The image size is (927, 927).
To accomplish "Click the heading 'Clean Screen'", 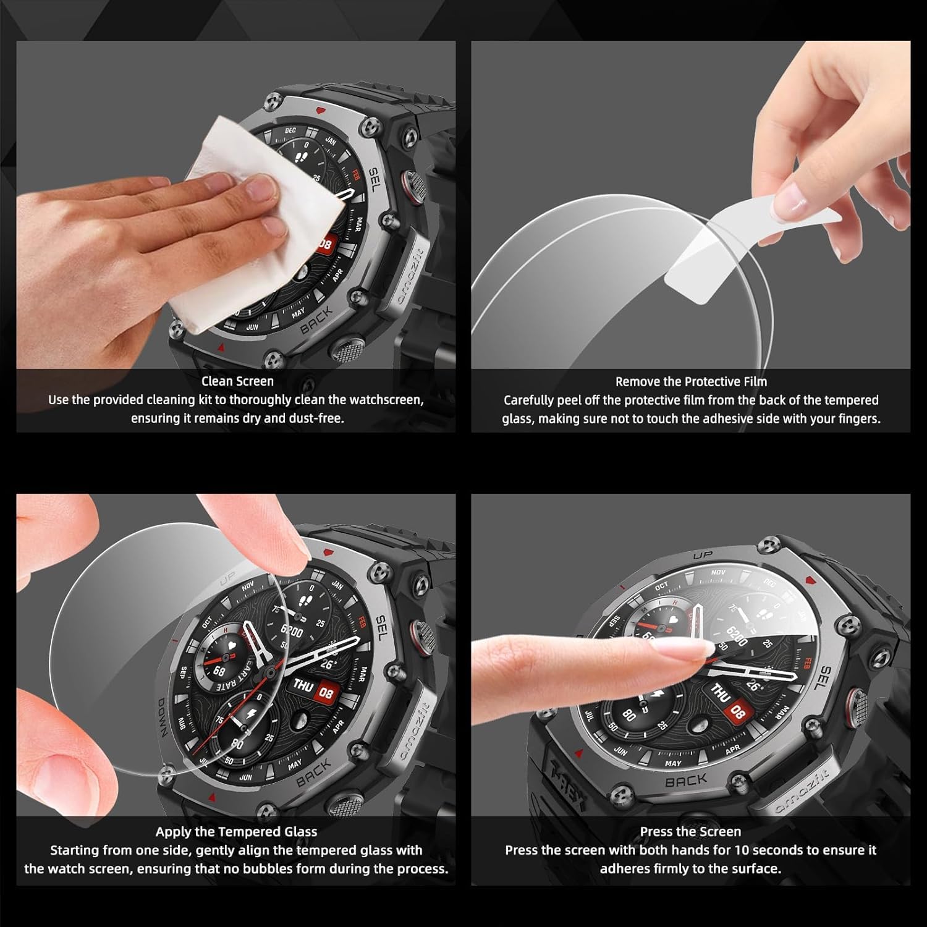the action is point(237,381).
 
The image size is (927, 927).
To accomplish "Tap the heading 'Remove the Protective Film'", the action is point(691,381).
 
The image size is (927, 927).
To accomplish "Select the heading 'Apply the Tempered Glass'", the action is point(236,832).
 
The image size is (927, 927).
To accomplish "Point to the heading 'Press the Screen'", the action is point(690,832).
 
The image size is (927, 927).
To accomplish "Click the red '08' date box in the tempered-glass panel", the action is point(326,693).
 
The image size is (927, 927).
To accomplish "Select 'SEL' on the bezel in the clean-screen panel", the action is point(377,179).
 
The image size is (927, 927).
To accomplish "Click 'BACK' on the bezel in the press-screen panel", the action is point(686,781).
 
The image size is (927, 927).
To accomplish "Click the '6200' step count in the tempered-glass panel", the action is point(292,631).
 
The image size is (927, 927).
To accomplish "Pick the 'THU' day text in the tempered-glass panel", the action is point(302,685).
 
